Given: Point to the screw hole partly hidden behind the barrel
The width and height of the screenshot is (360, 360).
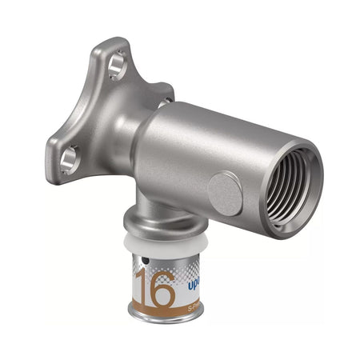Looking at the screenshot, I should tap(163, 103).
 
